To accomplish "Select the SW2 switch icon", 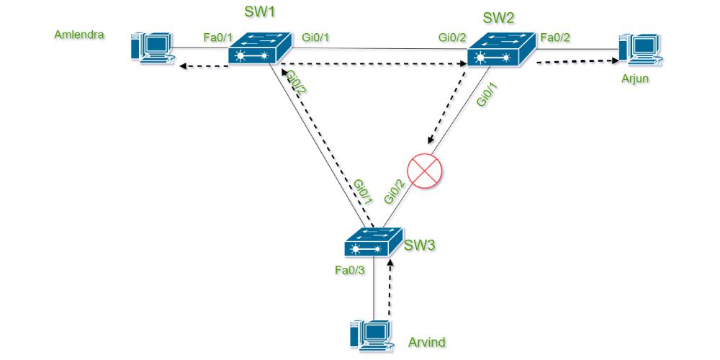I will pyautogui.click(x=500, y=50).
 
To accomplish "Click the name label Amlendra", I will pyautogui.click(x=79, y=34).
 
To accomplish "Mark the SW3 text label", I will pyautogui.click(x=420, y=246).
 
